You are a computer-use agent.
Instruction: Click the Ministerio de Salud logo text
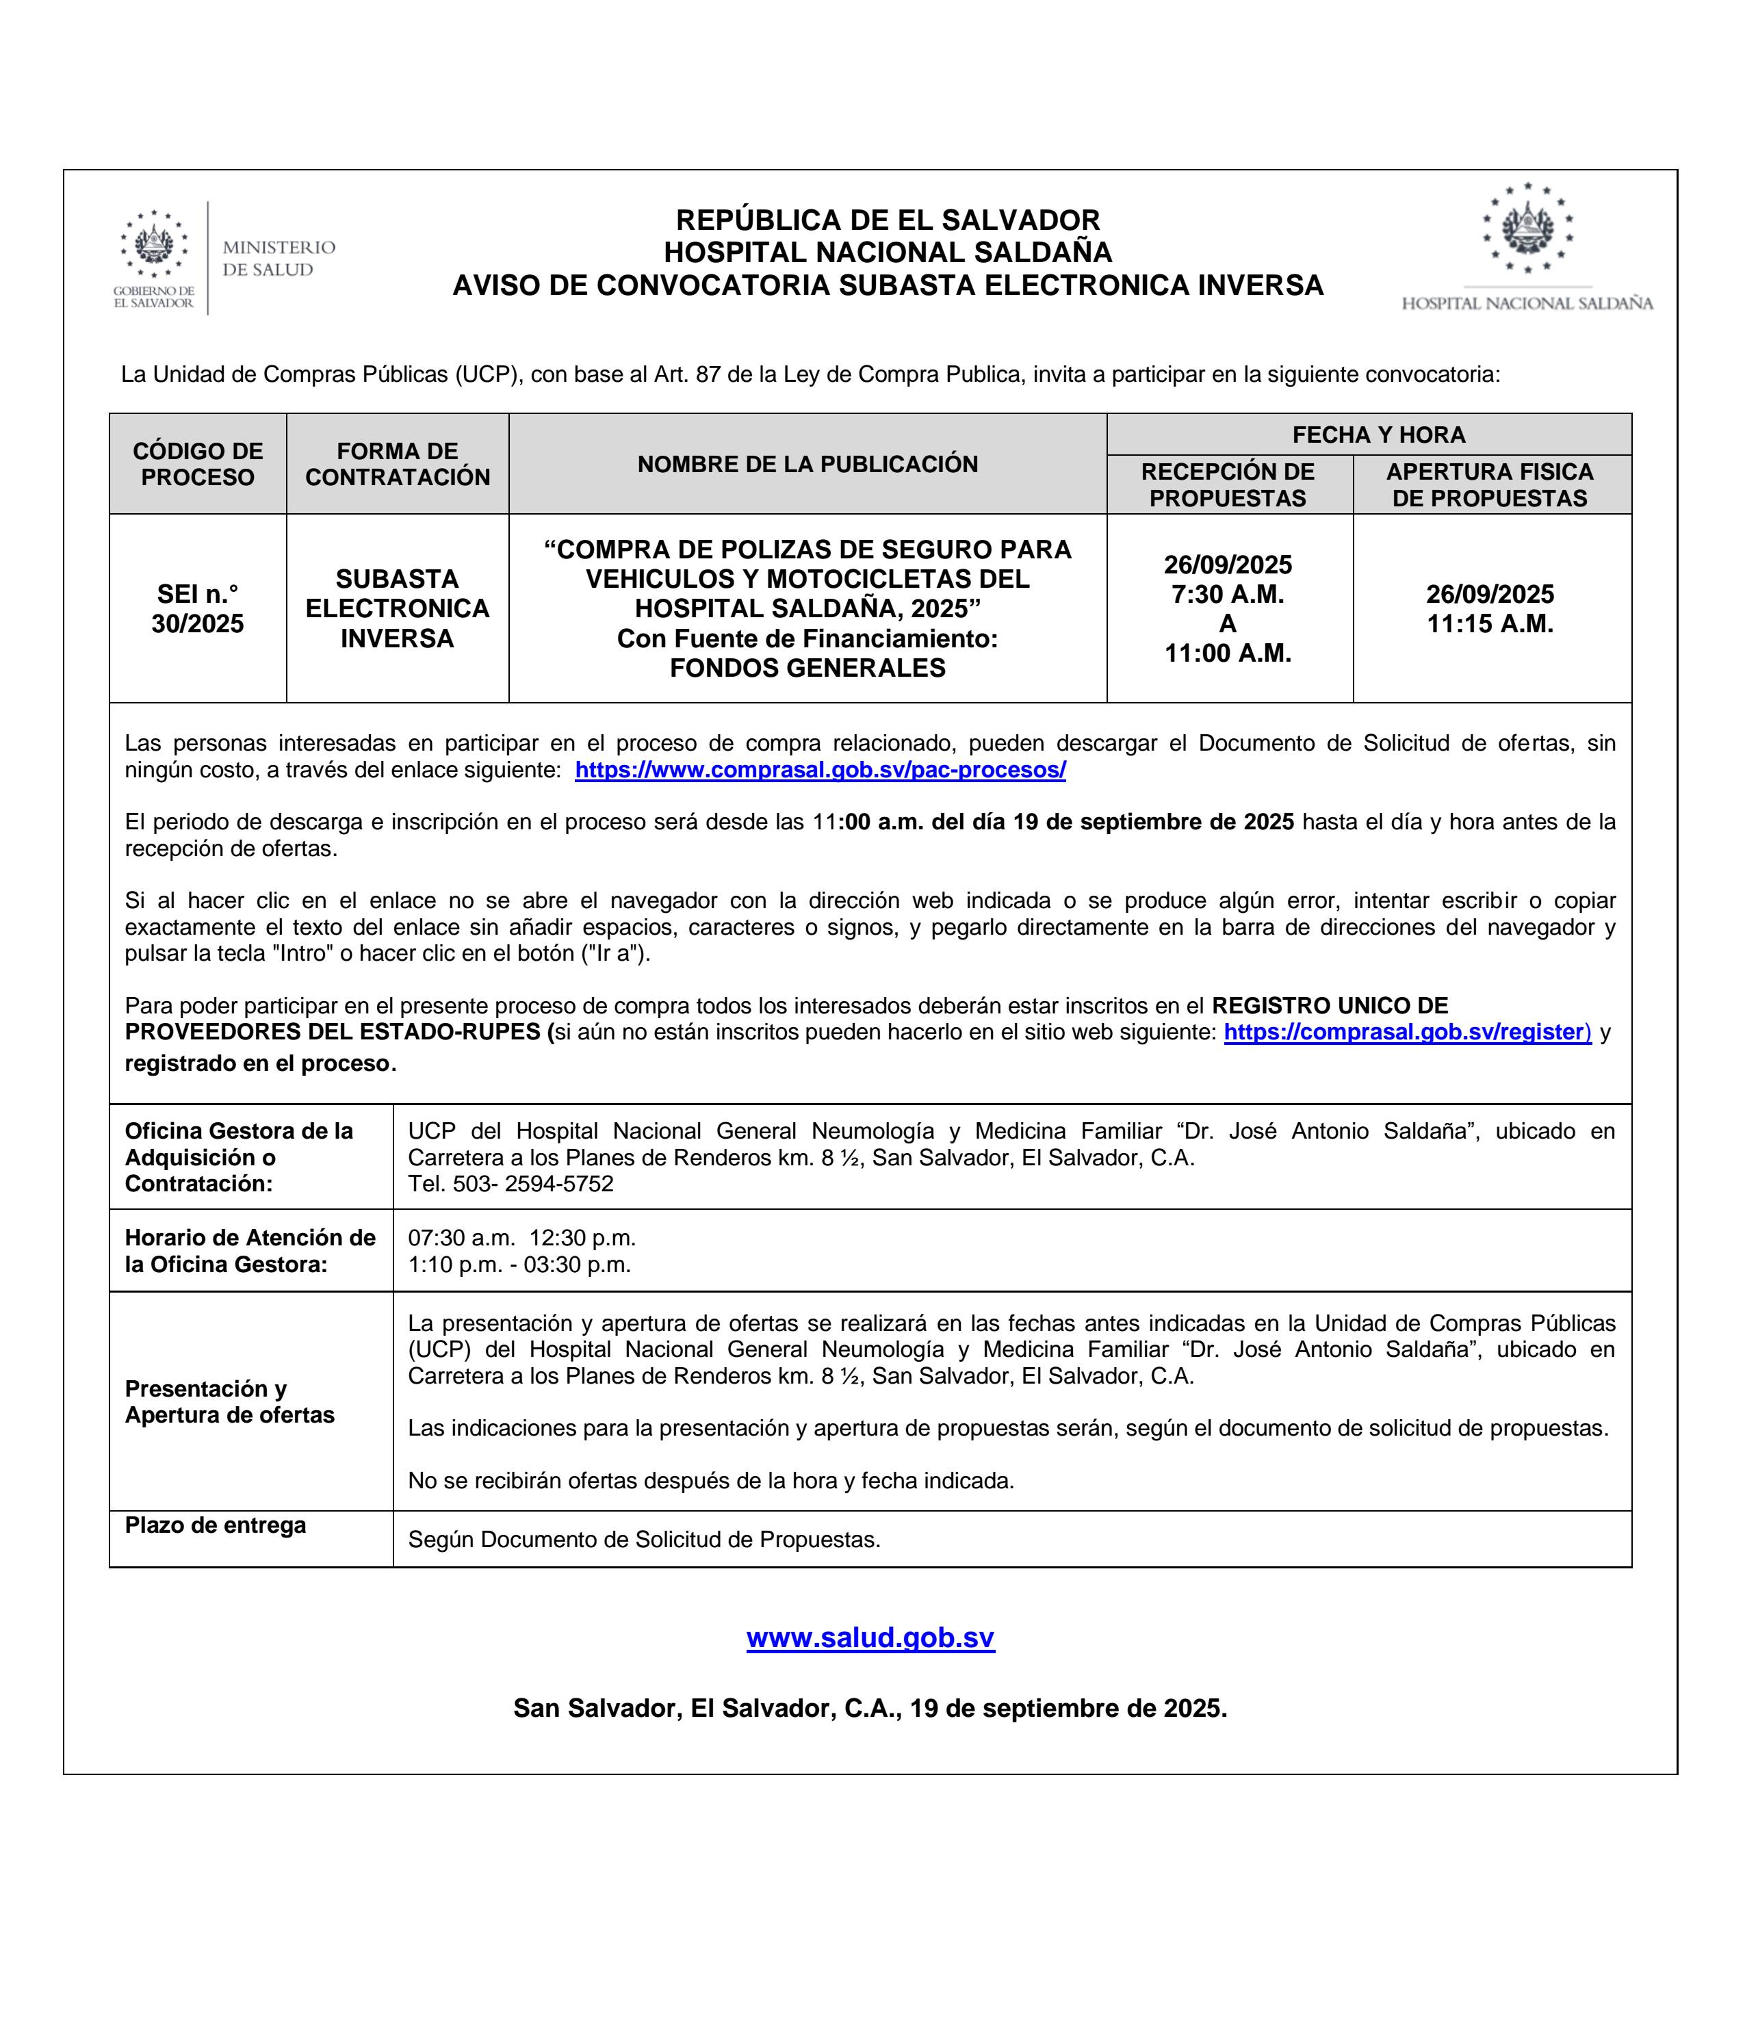point(279,258)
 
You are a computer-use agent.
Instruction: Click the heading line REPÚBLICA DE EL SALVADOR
point(888,220)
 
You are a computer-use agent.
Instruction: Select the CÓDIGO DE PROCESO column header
point(197,464)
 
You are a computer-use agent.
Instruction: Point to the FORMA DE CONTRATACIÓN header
point(398,464)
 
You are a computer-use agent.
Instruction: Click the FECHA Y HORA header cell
point(1378,435)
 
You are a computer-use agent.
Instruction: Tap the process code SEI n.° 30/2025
point(197,608)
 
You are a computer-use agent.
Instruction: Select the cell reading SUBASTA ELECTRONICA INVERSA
point(398,608)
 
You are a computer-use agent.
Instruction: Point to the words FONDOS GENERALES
point(807,668)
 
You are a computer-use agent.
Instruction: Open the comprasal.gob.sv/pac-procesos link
point(820,771)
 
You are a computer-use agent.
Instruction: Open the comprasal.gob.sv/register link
point(1406,1032)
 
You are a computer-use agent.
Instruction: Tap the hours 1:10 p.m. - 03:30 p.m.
point(519,1265)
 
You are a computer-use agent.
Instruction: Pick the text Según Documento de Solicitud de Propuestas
point(644,1540)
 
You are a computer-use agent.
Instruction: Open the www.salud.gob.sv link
point(870,1637)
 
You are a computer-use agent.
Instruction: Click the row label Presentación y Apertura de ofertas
point(230,1401)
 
